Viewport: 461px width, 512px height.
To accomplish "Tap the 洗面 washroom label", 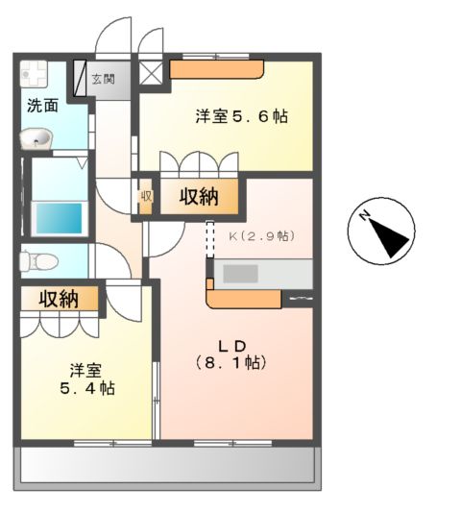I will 41,105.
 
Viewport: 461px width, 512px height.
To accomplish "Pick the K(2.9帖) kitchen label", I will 261,235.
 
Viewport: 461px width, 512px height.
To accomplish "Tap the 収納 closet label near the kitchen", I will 199,198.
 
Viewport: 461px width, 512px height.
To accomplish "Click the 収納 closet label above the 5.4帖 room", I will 59,299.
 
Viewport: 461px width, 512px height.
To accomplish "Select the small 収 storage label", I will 146,198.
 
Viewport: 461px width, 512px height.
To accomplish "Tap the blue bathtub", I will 59,218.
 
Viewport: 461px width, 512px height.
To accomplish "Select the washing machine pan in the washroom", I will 36,75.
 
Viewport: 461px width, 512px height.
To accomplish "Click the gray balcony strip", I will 167,467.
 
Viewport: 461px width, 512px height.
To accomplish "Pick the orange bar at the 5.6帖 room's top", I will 217,70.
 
